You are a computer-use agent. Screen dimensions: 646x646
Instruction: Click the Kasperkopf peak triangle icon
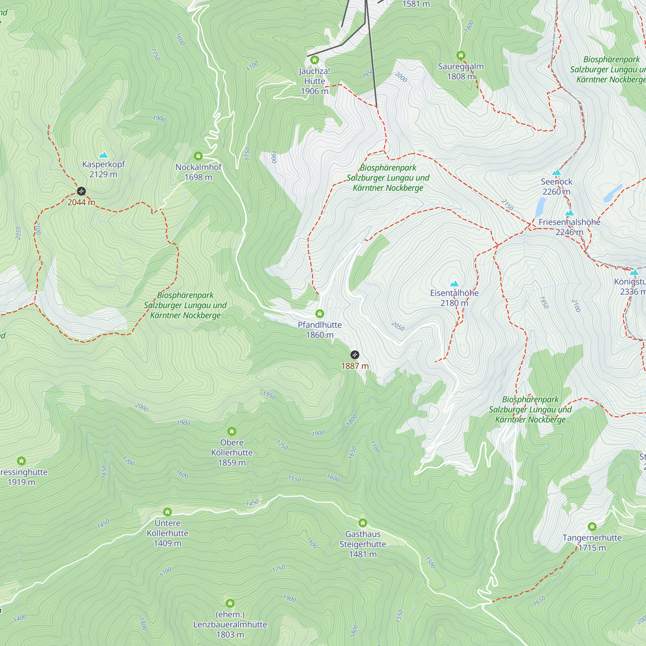pos(104,155)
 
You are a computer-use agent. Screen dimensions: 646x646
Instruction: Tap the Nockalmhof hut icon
pos(198,156)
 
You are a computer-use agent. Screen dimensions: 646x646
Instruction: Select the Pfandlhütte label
pos(320,330)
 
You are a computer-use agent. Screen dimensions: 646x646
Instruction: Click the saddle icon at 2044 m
pos(81,191)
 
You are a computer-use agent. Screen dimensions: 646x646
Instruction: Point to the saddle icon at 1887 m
pos(355,355)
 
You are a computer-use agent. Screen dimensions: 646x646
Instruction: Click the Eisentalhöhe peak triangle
pos(454,284)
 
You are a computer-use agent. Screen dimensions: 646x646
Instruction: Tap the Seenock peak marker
pos(557,172)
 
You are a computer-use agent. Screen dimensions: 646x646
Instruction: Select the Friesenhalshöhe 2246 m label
pos(569,227)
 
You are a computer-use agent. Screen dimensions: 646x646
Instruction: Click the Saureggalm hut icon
pos(461,55)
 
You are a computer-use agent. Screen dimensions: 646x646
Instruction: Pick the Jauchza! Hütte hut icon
pos(314,60)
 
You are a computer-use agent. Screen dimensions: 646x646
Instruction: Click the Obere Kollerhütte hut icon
pos(232,431)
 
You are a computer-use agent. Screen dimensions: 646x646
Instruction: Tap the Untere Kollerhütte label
pos(168,533)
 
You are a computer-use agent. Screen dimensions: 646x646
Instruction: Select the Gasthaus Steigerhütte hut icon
pos(363,523)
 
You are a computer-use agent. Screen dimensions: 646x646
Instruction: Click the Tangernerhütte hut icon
pos(592,526)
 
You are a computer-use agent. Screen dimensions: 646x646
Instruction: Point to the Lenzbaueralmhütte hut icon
pos(230,603)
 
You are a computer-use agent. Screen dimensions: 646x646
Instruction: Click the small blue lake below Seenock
pos(540,207)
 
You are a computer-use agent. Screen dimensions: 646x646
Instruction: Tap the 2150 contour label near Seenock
pos(507,205)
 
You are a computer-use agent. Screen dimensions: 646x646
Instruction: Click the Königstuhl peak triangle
pos(634,272)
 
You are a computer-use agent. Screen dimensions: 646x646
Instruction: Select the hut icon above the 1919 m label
pos(21,461)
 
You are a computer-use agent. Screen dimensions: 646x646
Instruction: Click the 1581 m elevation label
pos(416,4)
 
